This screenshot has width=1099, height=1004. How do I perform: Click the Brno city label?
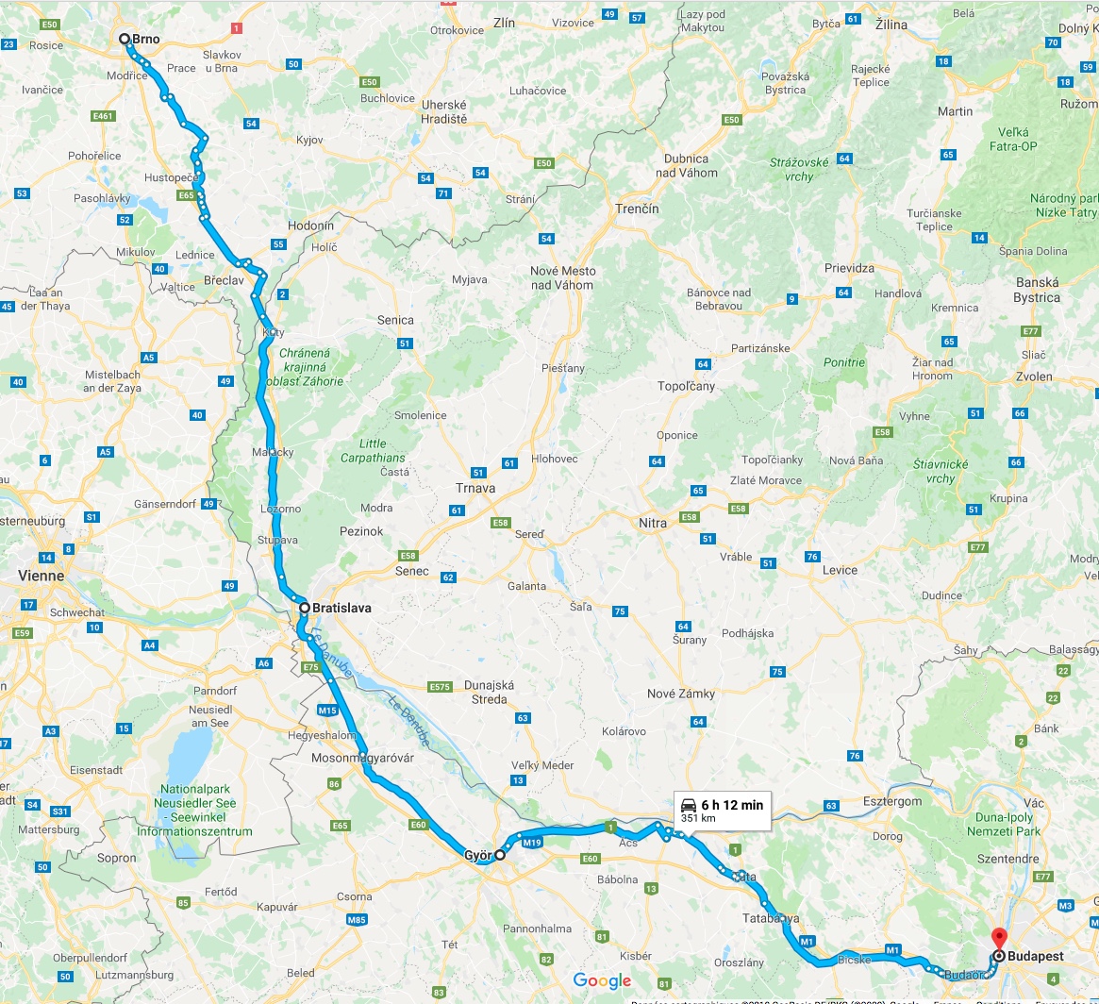pyautogui.click(x=145, y=40)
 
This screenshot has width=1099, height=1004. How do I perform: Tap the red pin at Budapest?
pyautogui.click(x=999, y=939)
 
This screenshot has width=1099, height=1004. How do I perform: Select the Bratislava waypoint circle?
pyautogui.click(x=305, y=609)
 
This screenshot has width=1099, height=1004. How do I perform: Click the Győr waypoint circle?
pyautogui.click(x=500, y=856)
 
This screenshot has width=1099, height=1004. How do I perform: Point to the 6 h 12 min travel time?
pyautogui.click(x=732, y=805)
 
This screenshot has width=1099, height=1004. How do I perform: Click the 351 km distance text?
pyautogui.click(x=698, y=819)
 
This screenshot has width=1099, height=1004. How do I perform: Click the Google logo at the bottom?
pyautogui.click(x=602, y=981)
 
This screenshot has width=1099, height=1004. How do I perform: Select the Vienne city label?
pyautogui.click(x=41, y=576)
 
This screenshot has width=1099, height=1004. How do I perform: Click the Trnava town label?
pyautogui.click(x=475, y=489)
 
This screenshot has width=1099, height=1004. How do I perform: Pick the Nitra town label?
pyautogui.click(x=653, y=523)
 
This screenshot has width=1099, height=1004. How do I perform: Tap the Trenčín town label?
pyautogui.click(x=637, y=209)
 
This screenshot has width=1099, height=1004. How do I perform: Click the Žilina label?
pyautogui.click(x=891, y=24)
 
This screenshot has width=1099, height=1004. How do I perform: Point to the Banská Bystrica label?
pyautogui.click(x=1037, y=290)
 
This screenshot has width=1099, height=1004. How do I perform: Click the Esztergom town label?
pyautogui.click(x=892, y=801)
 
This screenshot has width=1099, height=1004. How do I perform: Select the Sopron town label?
pyautogui.click(x=117, y=859)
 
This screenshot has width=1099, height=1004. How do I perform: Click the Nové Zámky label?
pyautogui.click(x=680, y=694)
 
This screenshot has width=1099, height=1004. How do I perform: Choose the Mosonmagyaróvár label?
pyautogui.click(x=362, y=758)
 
